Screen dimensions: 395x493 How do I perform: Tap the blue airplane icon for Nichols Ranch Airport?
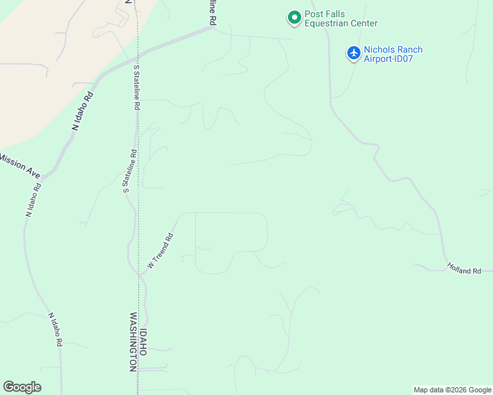coord(354,53)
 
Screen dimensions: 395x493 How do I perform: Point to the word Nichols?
coord(378,49)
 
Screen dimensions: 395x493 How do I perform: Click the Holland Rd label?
coord(464,268)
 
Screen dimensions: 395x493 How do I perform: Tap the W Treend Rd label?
coord(160,251)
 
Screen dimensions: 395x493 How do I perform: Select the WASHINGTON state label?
coord(132,342)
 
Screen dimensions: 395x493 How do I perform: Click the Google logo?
coord(22,387)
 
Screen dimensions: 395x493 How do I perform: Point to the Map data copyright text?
coord(453,390)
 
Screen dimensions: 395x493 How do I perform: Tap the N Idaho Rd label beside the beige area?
coord(83,112)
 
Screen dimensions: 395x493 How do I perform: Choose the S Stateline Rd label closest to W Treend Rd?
coord(129,171)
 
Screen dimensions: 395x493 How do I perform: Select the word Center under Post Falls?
coord(362,24)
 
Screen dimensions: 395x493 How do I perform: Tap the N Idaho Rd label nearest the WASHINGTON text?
coord(55,329)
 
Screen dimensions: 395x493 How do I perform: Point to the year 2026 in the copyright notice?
coord(451,390)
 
